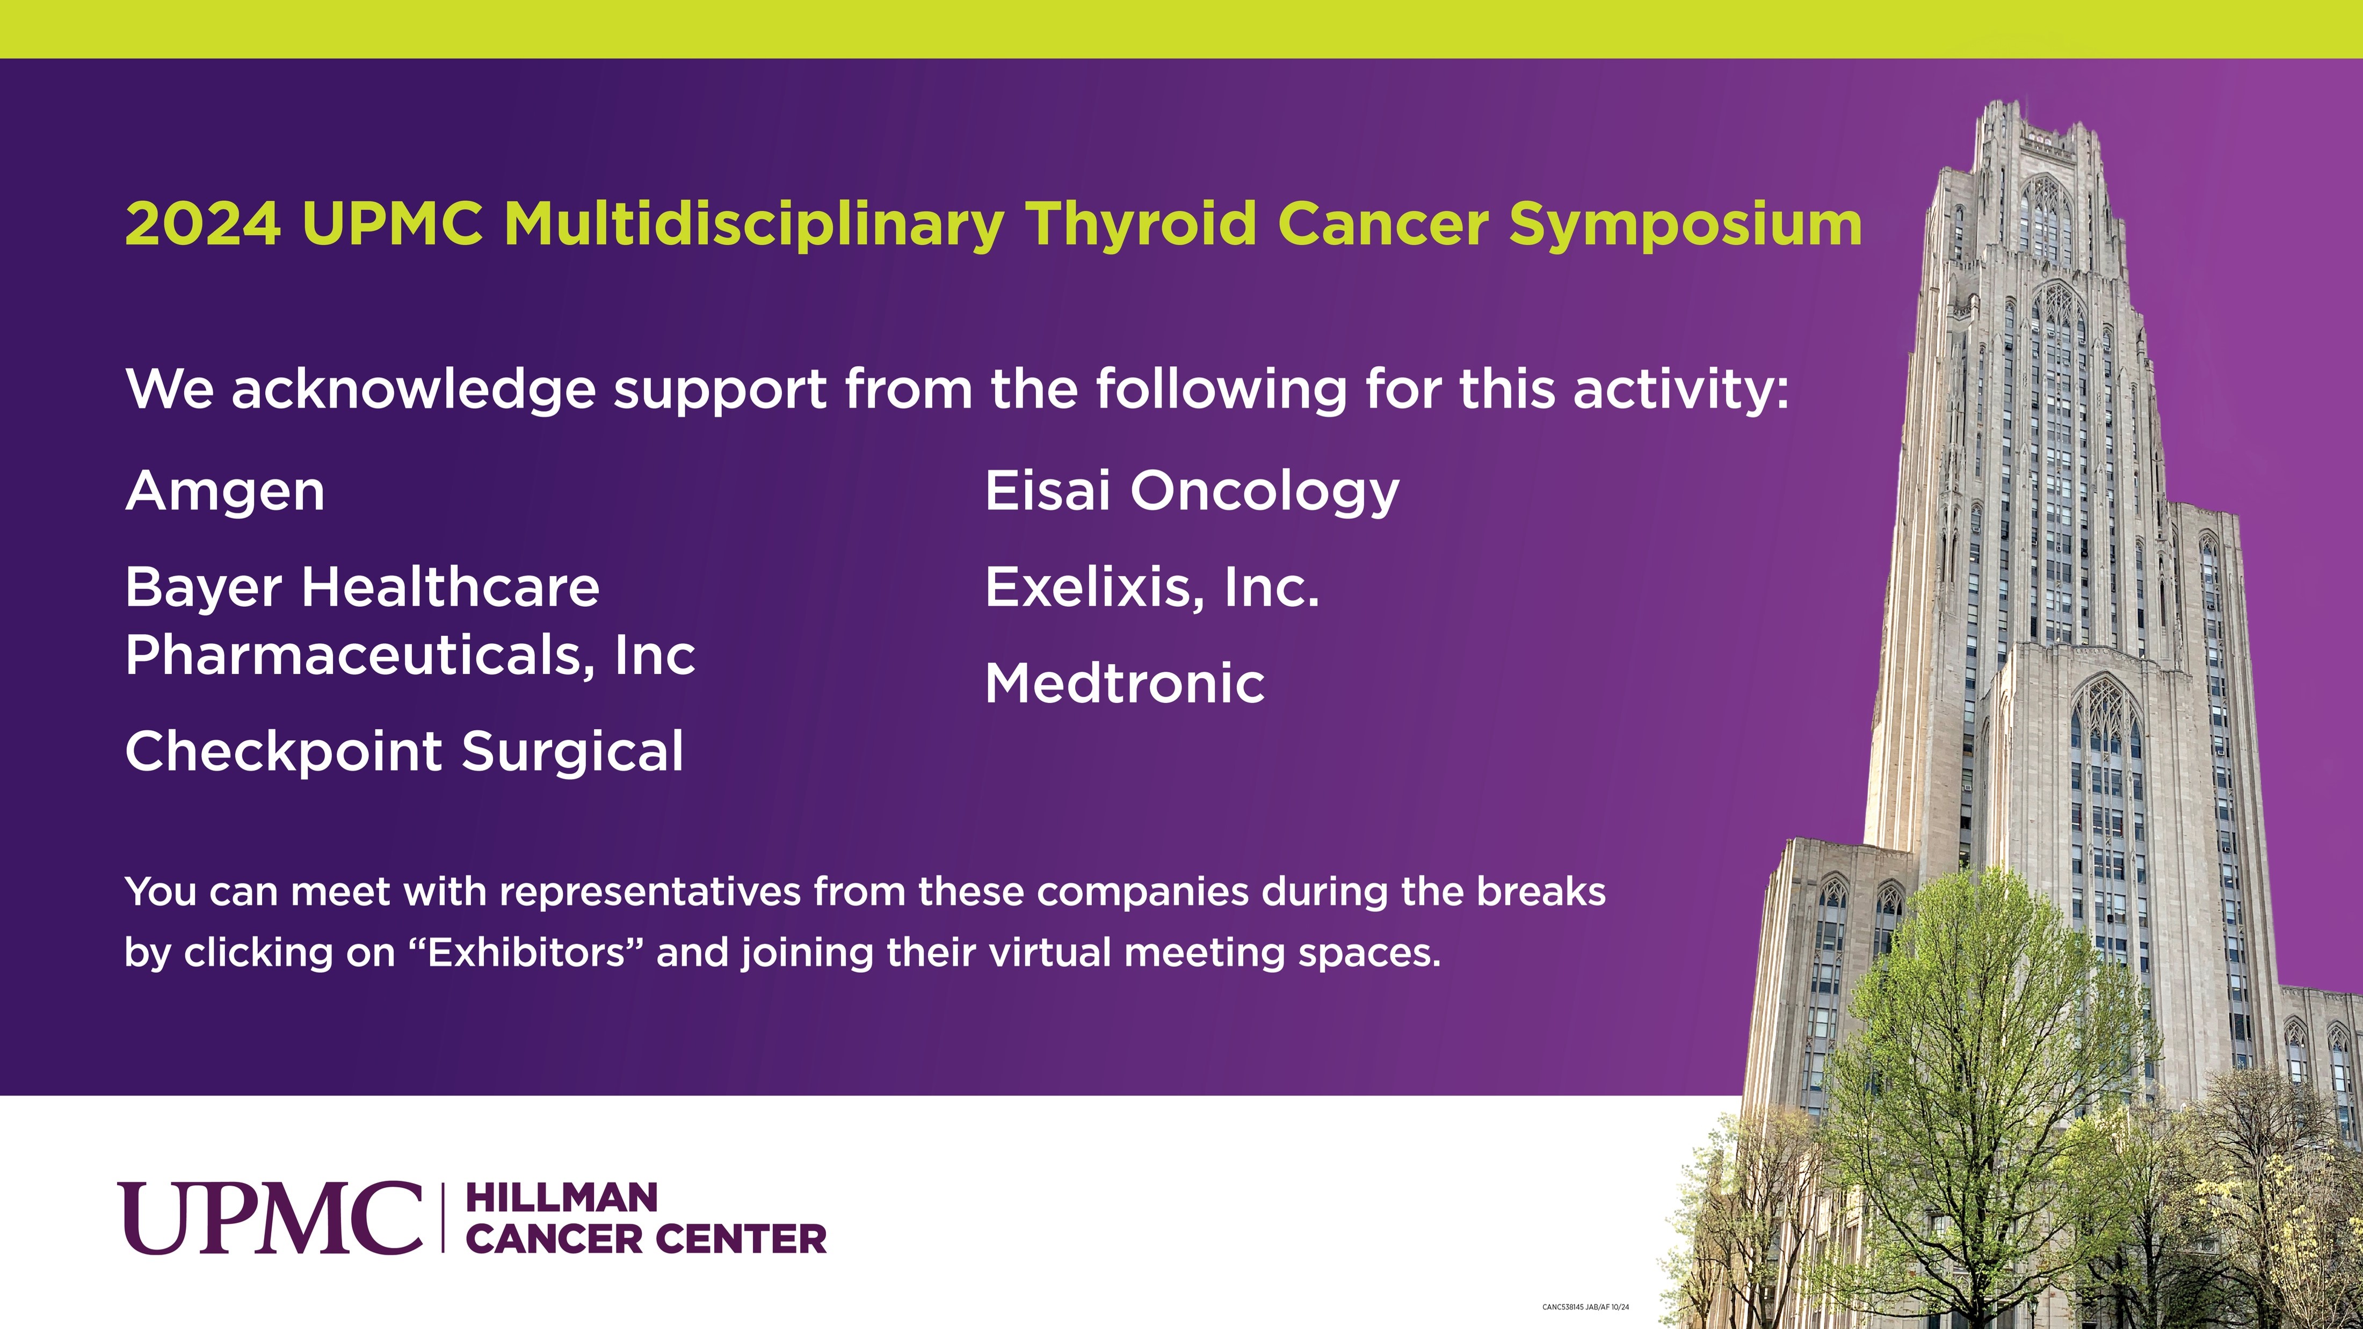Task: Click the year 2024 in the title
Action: [x=202, y=224]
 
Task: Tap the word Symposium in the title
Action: [x=1685, y=224]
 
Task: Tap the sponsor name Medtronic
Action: [x=1125, y=684]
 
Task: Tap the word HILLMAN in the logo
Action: [x=561, y=1198]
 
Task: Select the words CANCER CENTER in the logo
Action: [x=646, y=1239]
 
